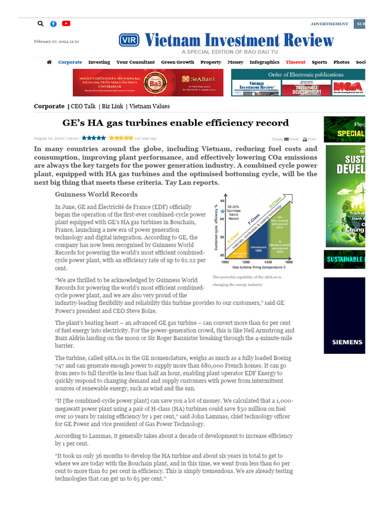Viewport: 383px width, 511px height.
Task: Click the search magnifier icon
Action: [41, 23]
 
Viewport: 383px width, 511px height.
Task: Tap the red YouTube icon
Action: [66, 23]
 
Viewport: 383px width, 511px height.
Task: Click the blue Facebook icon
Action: [53, 23]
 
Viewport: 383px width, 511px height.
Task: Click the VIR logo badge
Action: [129, 40]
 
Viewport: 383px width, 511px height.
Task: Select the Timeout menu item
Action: [295, 62]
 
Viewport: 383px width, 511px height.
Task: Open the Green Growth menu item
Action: [177, 62]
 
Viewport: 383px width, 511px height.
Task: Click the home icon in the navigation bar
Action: [49, 62]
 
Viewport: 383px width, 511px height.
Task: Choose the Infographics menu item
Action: [264, 62]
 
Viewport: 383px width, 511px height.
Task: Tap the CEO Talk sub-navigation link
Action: [83, 106]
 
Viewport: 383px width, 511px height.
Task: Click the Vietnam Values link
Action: [150, 106]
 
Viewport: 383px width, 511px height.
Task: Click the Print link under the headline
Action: [310, 139]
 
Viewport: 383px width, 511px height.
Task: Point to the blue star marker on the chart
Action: [222, 212]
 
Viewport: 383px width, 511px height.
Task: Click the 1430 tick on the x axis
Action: [268, 262]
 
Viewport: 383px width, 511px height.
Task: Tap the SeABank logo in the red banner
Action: [192, 79]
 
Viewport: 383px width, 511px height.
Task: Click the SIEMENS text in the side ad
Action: [347, 342]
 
